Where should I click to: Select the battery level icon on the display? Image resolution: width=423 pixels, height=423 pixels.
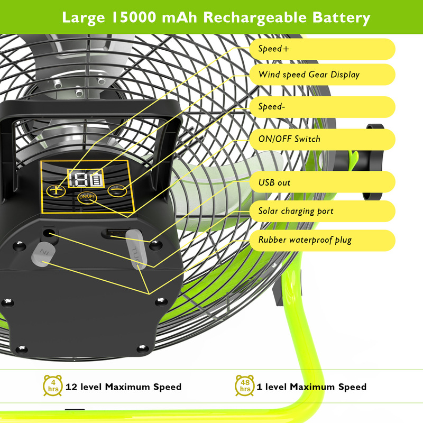(x=97, y=179)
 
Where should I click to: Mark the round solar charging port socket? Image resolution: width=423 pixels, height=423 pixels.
(x=50, y=233)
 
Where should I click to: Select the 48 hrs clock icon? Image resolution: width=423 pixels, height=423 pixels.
(x=245, y=386)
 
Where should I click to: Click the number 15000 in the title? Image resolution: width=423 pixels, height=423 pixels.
(x=136, y=17)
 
